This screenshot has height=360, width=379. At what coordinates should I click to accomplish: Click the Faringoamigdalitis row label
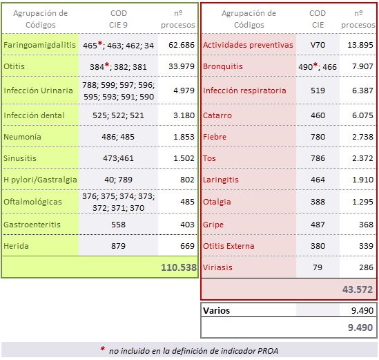[x=39, y=45]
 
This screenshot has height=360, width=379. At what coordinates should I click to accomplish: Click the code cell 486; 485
[x=118, y=137]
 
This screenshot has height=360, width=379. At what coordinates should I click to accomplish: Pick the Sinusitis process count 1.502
[x=182, y=158]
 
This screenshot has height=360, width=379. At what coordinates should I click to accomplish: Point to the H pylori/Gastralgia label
[x=39, y=180]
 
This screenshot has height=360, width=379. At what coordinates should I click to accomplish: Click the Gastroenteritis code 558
[x=118, y=225]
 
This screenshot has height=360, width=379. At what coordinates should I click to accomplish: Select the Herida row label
[x=17, y=247]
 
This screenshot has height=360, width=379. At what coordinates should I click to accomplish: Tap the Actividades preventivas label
[x=248, y=45]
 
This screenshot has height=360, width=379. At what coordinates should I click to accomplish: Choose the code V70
[x=317, y=45]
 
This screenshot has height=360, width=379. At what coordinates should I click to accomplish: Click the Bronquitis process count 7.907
[x=362, y=67]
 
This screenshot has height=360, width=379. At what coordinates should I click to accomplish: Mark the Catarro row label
[x=217, y=115]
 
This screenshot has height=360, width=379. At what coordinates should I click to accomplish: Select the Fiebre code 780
[x=317, y=138]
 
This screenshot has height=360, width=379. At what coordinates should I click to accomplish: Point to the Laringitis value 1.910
[x=362, y=180]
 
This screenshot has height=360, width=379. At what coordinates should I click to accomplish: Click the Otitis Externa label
[x=229, y=246]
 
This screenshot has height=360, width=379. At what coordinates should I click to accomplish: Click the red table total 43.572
[x=358, y=290]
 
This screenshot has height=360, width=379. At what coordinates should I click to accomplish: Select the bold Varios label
[x=217, y=311]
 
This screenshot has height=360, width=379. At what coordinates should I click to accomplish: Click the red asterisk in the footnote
[x=103, y=350]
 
